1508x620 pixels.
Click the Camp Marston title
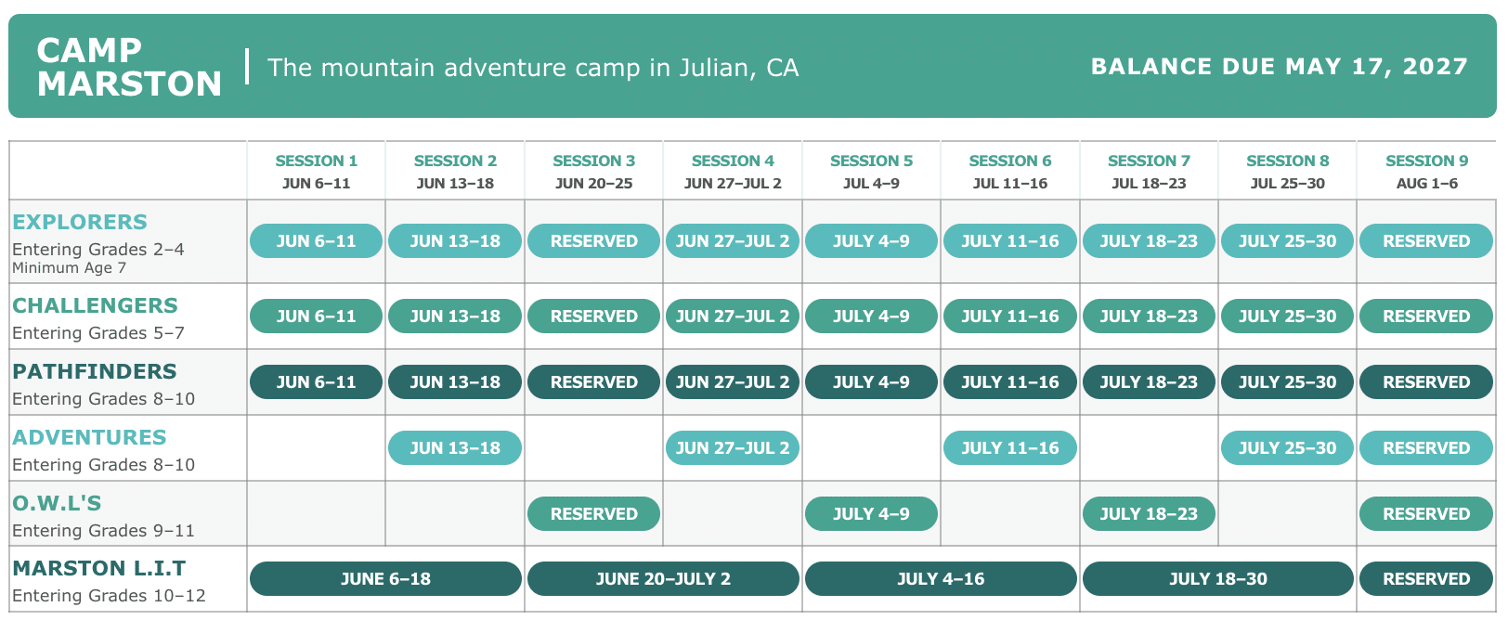coord(129,67)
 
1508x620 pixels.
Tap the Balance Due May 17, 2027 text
coord(1280,67)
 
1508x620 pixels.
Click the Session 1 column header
coord(317,172)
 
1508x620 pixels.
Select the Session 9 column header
coord(1426,172)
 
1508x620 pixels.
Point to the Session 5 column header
coord(871,172)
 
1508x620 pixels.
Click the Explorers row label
coord(80,222)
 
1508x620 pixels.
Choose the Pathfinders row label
coord(95,371)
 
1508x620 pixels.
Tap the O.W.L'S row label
coord(57,503)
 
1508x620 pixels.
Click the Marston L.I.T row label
coord(99,568)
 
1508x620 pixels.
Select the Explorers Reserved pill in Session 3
coord(593,241)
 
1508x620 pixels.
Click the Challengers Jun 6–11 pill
coord(316,316)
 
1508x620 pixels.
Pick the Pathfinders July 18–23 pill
coord(1149,382)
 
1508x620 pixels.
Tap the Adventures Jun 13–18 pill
coord(455,448)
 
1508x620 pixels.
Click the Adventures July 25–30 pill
coord(1287,448)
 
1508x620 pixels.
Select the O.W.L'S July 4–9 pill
coord(871,514)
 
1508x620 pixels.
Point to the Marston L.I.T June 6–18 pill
coord(385,579)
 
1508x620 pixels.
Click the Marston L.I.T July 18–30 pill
coord(1218,579)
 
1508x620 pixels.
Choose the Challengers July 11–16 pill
coord(1010,316)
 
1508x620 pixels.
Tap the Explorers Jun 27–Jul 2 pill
coord(733,241)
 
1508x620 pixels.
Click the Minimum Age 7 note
coord(69,268)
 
